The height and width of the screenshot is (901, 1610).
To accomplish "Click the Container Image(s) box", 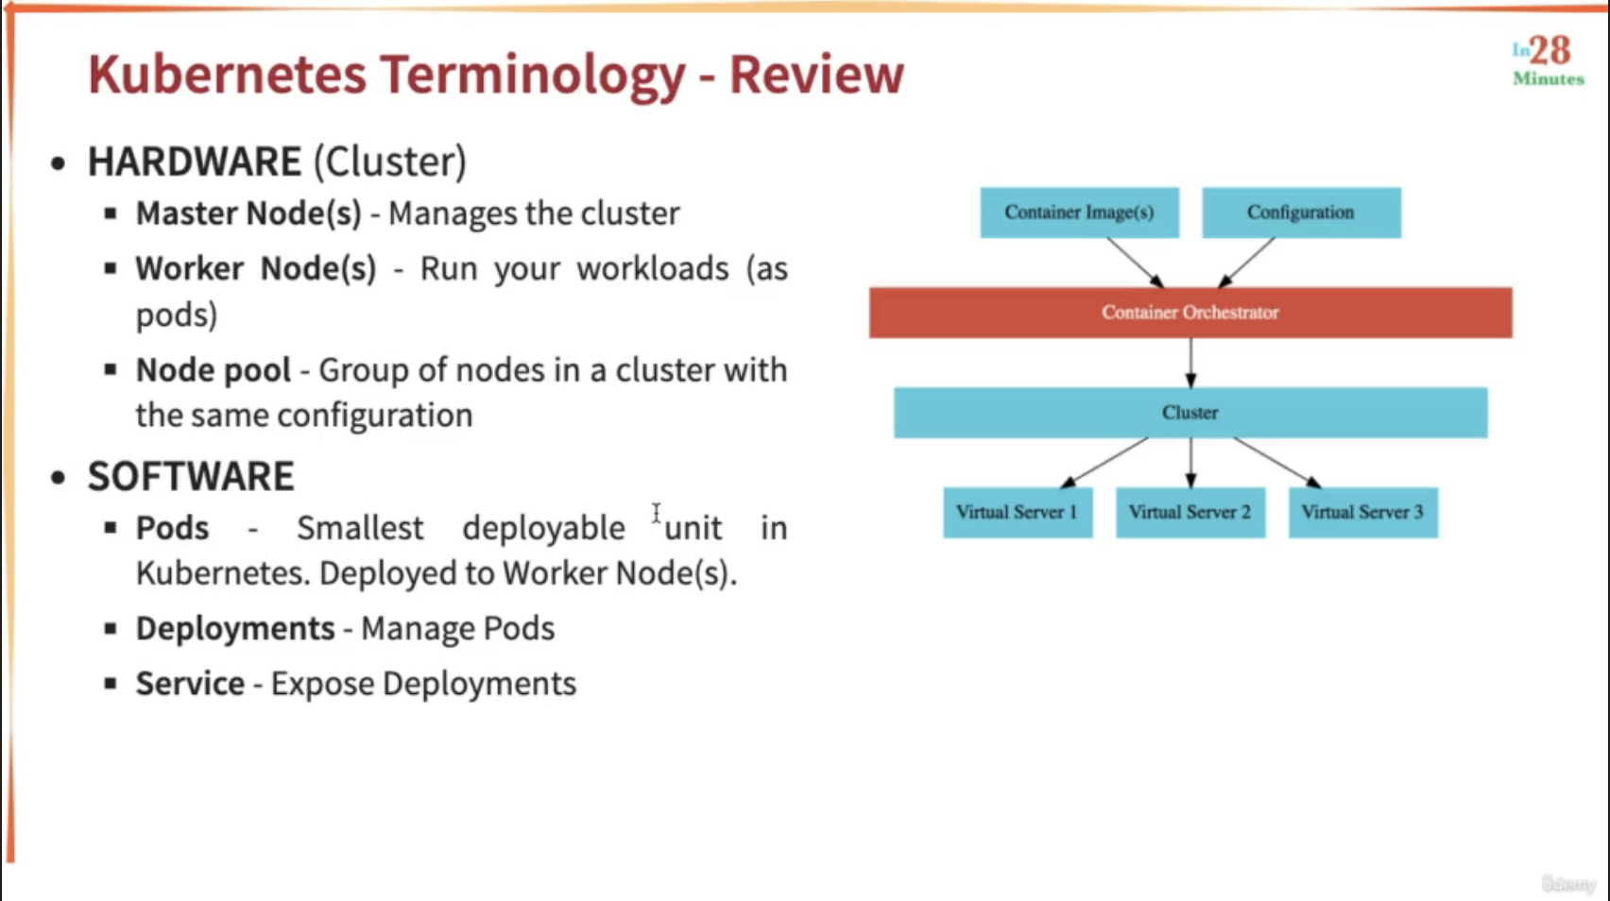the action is pos(1080,212).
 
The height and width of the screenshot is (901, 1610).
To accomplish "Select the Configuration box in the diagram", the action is pos(1302,212).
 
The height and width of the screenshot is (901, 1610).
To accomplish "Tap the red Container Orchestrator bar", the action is pos(1190,313).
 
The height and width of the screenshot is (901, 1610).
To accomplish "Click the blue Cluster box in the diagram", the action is pos(1190,413).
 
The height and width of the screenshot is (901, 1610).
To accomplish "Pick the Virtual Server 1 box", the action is pos(1018,512).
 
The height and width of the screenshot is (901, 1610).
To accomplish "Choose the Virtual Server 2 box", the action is pos(1190,512).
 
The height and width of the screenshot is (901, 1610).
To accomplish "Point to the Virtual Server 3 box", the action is pos(1363,512).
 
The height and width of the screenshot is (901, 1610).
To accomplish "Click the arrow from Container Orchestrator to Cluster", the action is pos(1191,363).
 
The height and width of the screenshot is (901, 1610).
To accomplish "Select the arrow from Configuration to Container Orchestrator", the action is pos(1247,263).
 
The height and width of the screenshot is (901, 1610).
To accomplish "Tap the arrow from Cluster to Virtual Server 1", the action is pos(1105,463).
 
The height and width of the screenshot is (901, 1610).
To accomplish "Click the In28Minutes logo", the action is pos(1549,61).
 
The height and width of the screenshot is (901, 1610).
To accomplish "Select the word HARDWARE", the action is pos(194,161).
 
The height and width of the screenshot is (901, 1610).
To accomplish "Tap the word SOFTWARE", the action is pos(191,476).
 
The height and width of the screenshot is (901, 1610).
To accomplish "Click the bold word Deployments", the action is pos(235,629).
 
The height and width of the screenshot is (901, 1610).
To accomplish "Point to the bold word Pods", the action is pos(173,528).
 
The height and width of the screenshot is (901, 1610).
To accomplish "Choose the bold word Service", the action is pos(191,683).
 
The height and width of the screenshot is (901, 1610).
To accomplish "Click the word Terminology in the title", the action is pos(533,76).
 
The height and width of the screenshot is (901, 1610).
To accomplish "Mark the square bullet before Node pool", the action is pos(111,370).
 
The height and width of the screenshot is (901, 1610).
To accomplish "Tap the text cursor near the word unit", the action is pos(657,513).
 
